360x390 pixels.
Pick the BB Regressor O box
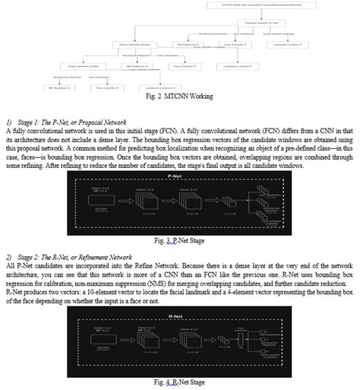[x=58, y=88]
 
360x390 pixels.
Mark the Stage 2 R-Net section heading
[x=73, y=257]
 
